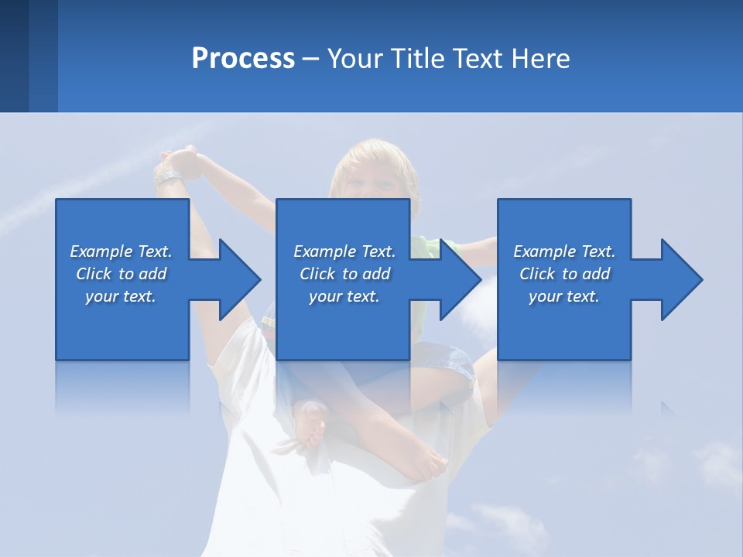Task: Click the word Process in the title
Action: click(x=243, y=59)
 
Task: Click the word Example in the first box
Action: click(x=101, y=251)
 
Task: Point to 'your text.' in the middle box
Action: click(x=344, y=296)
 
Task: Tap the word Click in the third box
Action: click(x=537, y=274)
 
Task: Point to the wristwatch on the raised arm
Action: click(x=168, y=177)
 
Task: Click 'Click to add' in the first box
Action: click(x=122, y=274)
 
